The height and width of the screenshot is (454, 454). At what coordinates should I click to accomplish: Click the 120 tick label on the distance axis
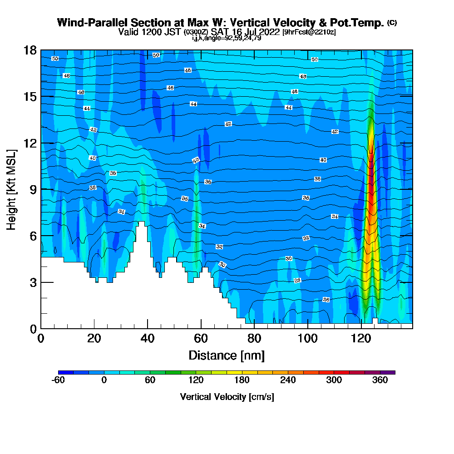[x=361, y=339]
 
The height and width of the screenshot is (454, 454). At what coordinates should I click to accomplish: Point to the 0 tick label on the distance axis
[x=41, y=339]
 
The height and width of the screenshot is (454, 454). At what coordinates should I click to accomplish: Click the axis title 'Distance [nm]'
[x=227, y=355]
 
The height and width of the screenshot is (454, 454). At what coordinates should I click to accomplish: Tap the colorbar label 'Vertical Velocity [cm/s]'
[x=227, y=397]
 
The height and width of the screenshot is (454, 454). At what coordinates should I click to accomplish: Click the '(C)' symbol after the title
[x=392, y=23]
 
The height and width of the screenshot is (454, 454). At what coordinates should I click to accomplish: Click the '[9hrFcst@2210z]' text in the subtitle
[x=309, y=32]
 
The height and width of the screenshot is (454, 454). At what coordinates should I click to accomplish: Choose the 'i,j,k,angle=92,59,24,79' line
[x=227, y=38]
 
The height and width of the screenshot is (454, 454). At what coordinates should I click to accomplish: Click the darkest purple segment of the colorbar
[x=391, y=372]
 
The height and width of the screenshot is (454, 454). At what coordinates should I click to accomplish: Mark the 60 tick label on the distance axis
[x=201, y=339]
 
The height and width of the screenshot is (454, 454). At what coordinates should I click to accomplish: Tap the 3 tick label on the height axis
[x=32, y=282]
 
